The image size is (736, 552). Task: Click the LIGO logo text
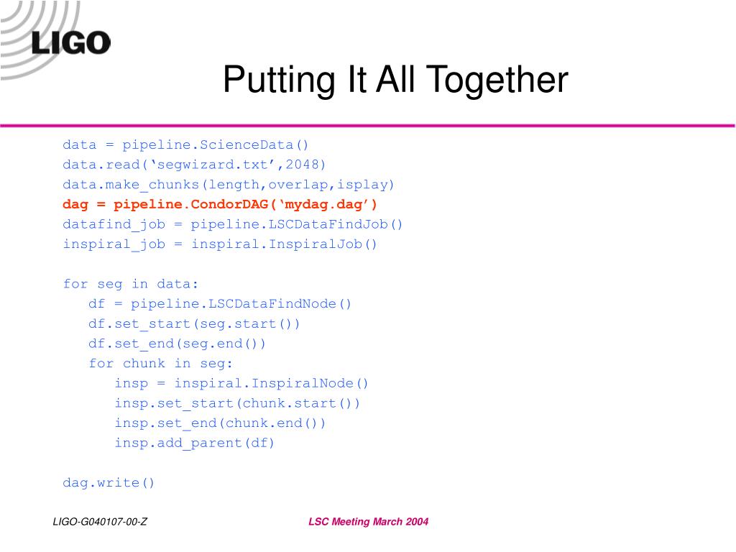pos(71,42)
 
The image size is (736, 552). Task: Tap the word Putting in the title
pos(279,80)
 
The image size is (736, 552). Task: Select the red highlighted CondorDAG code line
pos(220,205)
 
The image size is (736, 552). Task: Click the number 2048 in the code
pos(301,165)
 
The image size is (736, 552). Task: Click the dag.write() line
pos(109,482)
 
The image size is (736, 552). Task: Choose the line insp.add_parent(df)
pos(195,443)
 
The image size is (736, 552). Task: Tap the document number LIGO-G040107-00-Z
pos(100,522)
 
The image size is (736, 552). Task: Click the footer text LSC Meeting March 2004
pos(369,522)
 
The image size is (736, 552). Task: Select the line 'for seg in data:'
pos(131,284)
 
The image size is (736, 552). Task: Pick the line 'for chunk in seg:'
pos(160,364)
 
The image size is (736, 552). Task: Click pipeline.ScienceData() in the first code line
pos(216,144)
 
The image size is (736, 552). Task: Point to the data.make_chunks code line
pos(229,185)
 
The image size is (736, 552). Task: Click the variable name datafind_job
pos(114,225)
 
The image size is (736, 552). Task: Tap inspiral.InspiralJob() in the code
pos(285,244)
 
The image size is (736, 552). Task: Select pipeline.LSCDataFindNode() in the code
pos(241,304)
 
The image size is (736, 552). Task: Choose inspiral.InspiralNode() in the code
pos(272,384)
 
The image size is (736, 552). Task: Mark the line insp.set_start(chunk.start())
pos(237,404)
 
